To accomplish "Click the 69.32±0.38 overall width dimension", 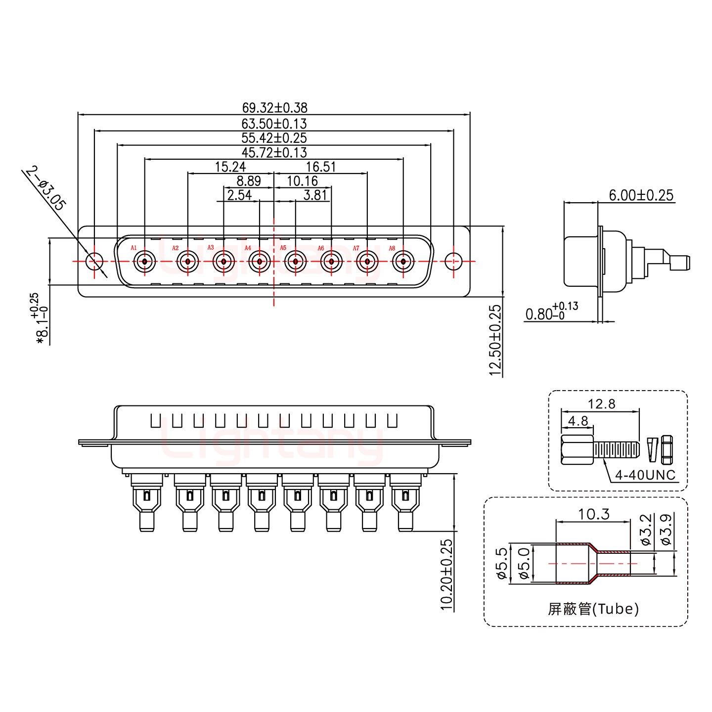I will (x=274, y=107).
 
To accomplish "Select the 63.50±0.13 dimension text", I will (x=274, y=123).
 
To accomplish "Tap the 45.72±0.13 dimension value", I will (x=274, y=152).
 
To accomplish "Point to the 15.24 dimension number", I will (x=230, y=167).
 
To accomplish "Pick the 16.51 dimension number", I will (x=321, y=167).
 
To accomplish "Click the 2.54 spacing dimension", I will (x=239, y=195).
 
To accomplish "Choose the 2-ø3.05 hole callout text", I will (x=45, y=189).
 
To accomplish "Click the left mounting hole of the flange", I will (x=94, y=261).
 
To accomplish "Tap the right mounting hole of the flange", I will (x=453, y=261).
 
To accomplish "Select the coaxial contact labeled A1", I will (x=145, y=261).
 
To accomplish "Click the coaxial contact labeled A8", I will (x=403, y=261).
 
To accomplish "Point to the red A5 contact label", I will (x=283, y=248).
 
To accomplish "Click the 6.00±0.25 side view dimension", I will (x=641, y=195).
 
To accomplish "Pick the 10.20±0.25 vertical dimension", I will (x=446, y=575).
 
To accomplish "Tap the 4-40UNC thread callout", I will (x=645, y=475).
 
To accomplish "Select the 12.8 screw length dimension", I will (x=602, y=404).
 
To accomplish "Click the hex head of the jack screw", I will (x=577, y=449).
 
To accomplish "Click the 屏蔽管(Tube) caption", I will (x=593, y=609).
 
